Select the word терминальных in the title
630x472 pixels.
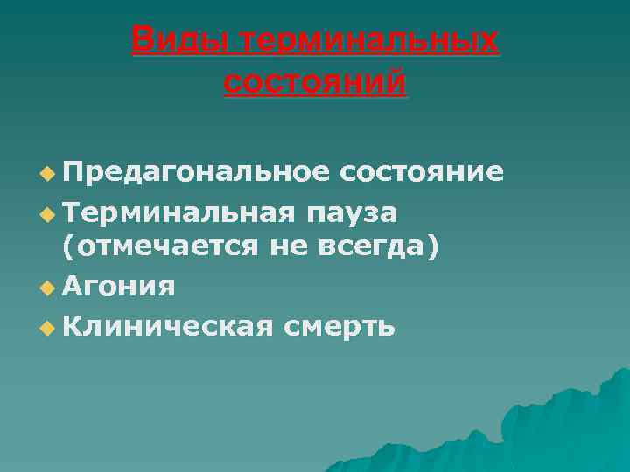[367, 40]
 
